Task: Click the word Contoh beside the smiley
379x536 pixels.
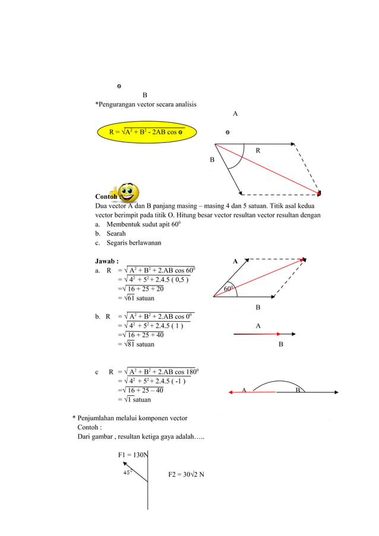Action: coord(107,196)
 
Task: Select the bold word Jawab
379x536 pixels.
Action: coord(107,261)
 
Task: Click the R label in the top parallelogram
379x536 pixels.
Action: coord(258,151)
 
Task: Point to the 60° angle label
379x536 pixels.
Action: coord(229,289)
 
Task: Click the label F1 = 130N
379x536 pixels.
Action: coord(132,455)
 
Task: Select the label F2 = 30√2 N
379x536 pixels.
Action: coord(187,474)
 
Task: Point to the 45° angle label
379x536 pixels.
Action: coord(127,472)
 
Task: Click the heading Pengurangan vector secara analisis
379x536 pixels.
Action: coord(146,104)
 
